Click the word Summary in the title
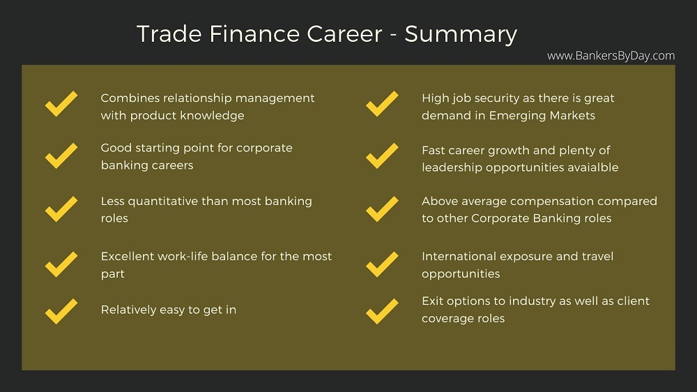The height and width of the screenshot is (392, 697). [461, 34]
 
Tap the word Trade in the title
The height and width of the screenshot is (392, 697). [169, 33]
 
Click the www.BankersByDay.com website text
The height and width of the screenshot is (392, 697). [611, 56]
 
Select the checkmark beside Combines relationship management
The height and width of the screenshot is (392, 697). [61, 104]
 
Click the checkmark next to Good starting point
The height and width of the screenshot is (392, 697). [61, 156]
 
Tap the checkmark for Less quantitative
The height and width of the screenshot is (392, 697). [61, 209]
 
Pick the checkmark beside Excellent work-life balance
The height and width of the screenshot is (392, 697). [61, 264]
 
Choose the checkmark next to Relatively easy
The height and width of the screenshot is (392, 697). [61, 311]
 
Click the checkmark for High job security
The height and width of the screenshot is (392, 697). [382, 104]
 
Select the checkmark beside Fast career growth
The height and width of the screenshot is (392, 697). [382, 156]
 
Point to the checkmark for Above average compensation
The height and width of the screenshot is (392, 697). [382, 209]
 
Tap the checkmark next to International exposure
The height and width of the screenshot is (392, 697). [382, 264]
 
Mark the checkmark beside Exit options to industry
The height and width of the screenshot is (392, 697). [382, 311]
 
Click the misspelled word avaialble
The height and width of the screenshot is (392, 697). [590, 167]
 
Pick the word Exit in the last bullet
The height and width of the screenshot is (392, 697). [432, 301]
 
